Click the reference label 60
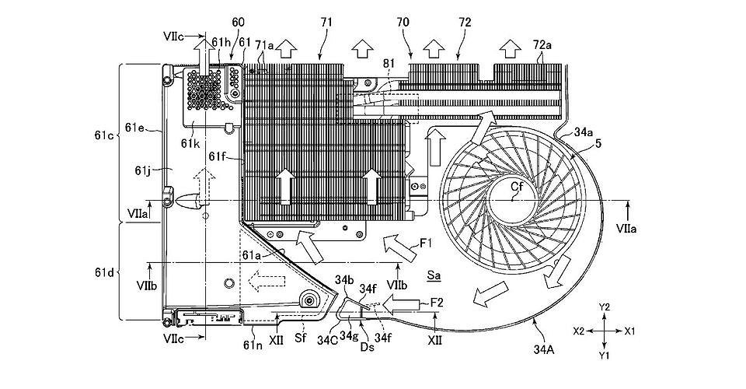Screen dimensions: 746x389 point(239,23)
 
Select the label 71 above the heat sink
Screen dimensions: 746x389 point(327,23)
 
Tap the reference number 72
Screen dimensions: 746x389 point(465,23)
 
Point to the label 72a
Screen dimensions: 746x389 point(542,45)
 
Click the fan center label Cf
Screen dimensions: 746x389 point(517,187)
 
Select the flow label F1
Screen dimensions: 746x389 point(426,244)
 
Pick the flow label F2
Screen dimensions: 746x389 point(437,302)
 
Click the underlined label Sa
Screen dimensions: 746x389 point(434,275)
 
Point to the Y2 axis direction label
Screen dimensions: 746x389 point(605,307)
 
